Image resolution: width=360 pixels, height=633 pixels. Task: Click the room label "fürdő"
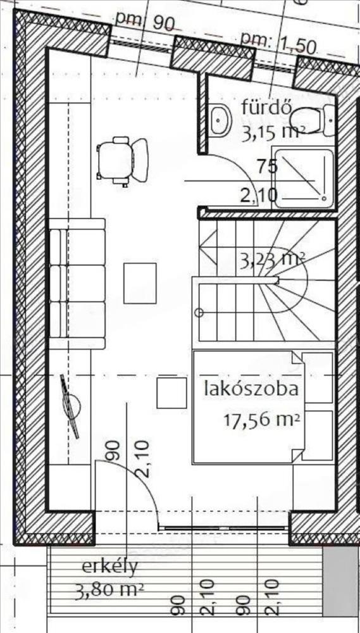266,108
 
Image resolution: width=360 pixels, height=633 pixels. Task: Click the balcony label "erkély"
110,567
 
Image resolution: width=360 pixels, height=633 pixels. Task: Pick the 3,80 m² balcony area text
109,592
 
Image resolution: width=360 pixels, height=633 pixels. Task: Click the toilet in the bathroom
313,120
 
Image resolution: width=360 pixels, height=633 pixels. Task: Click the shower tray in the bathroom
303,179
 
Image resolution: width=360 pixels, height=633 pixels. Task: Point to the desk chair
122,160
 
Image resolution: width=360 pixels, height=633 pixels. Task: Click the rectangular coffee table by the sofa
140,283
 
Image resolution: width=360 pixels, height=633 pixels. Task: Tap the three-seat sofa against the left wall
77,284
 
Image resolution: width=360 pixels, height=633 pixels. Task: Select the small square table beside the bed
171,393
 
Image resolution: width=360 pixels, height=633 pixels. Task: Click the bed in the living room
263,407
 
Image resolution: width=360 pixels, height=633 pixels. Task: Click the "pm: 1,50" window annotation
278,44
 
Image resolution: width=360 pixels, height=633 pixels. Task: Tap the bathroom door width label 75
267,166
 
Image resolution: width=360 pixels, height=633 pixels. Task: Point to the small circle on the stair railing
199,313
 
